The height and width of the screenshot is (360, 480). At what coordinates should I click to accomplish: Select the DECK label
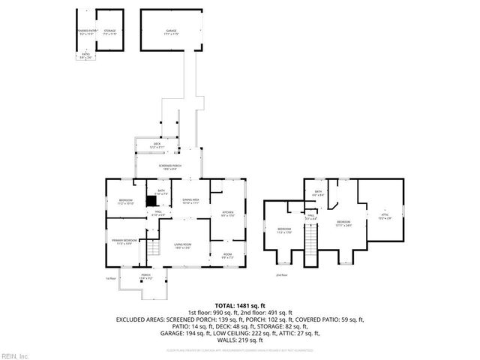pos(157,145)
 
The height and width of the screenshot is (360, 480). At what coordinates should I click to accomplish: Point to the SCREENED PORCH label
pos(167,166)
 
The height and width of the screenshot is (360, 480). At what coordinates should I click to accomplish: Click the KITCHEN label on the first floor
pos(227,214)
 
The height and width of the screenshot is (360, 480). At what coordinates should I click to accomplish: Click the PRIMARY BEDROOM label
pos(122,241)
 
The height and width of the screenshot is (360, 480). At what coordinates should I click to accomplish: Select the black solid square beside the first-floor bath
pos(151,200)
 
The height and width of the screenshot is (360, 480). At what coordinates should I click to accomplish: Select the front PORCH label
pos(146,276)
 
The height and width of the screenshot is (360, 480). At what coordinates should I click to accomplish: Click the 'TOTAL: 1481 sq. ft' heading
pos(239,305)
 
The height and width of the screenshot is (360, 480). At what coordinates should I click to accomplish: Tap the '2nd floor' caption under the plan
pos(281,275)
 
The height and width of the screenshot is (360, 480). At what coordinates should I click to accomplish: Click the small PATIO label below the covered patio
pos(85,57)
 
